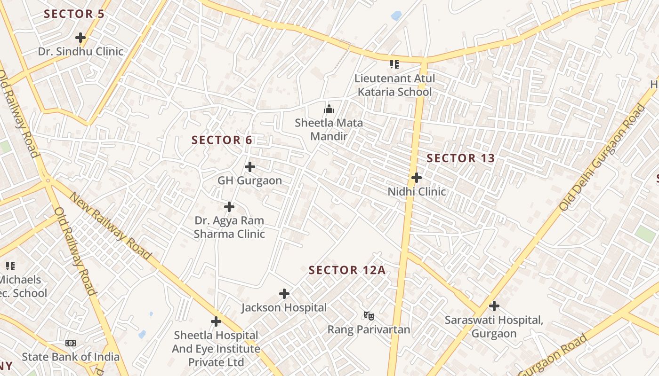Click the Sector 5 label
[x=74, y=14]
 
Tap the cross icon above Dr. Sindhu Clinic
[x=80, y=37]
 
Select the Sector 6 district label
[x=222, y=140]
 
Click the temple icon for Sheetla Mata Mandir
[x=329, y=109]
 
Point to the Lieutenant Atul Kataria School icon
[x=394, y=64]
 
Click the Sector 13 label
[x=461, y=158]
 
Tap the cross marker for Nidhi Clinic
[x=417, y=178]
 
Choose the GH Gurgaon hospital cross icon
[x=250, y=167]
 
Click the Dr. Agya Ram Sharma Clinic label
[x=229, y=227]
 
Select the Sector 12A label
[x=347, y=270]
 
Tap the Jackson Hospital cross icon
[x=284, y=294]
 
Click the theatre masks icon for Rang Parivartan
[x=369, y=315]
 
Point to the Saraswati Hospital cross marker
[x=494, y=306]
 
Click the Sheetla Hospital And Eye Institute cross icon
[x=216, y=321]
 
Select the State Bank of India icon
[x=71, y=343]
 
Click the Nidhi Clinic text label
[x=417, y=192]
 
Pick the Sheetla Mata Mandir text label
[x=329, y=130]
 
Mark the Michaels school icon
[x=10, y=266]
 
